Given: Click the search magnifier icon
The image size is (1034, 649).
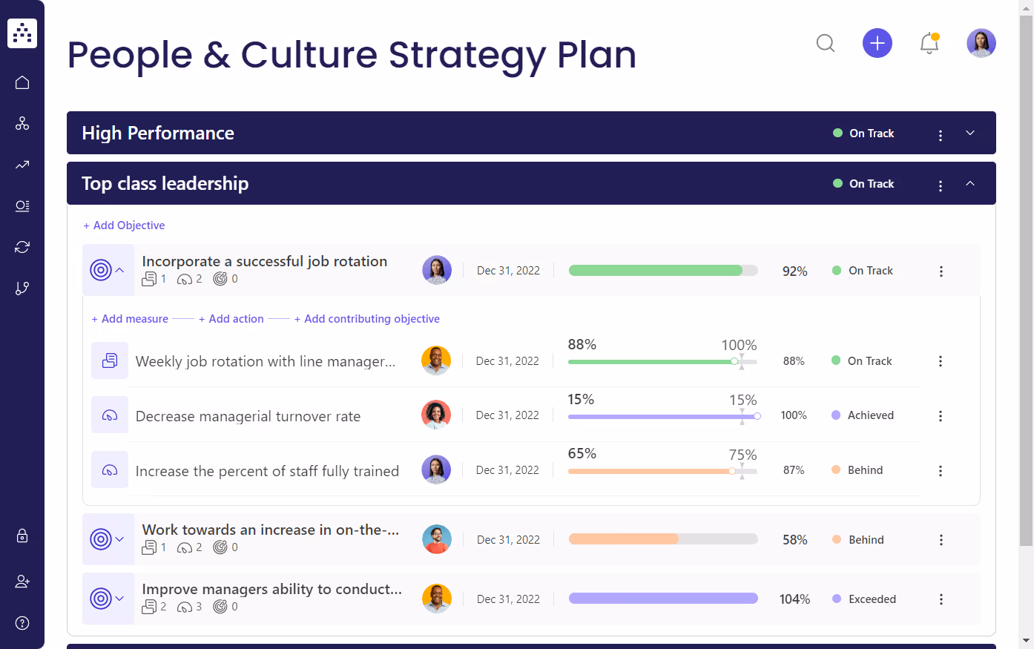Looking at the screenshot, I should (x=826, y=43).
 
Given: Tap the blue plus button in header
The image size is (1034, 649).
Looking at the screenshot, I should (x=877, y=43).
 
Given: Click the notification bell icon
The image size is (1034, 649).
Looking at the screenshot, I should (x=929, y=43).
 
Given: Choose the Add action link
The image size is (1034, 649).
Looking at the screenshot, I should (x=231, y=319).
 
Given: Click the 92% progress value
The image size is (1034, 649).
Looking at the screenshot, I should (x=794, y=271).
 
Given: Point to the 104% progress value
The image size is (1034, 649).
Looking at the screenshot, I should (x=794, y=599).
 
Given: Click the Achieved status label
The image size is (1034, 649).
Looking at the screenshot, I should (x=870, y=415).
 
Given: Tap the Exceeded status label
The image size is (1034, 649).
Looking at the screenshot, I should (x=872, y=599).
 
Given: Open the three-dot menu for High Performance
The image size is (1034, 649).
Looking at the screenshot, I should (x=941, y=135).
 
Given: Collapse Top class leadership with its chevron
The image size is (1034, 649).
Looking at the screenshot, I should (x=970, y=184).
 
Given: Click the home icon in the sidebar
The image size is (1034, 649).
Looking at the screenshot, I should (x=22, y=82).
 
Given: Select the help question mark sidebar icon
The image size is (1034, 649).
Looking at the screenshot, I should (x=22, y=623).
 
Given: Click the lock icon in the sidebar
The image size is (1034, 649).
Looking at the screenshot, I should (x=22, y=536).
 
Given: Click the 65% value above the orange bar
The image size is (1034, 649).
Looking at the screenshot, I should (x=582, y=454).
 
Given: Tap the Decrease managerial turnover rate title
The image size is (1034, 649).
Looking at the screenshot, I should (x=248, y=417).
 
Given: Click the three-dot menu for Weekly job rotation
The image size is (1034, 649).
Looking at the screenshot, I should (x=941, y=361).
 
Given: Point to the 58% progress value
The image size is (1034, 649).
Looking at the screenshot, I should (x=794, y=540).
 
